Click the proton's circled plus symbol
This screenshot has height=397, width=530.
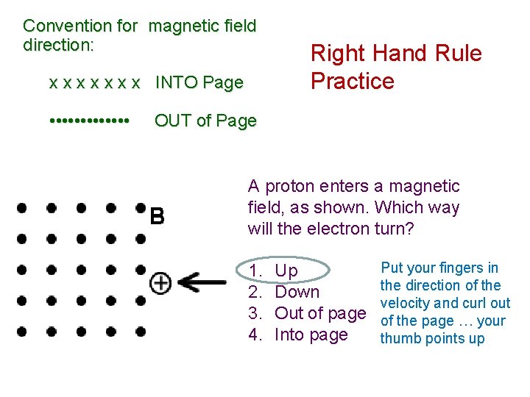(160, 282)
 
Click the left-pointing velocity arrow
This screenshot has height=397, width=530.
(202, 282)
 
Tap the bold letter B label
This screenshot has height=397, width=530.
(157, 217)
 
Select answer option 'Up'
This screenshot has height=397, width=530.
(286, 271)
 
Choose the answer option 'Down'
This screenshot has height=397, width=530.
(297, 292)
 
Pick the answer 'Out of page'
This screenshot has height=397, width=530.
(319, 313)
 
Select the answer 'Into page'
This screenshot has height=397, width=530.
(311, 335)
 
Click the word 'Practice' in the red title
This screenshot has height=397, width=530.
(353, 81)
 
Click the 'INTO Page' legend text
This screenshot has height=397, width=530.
(199, 82)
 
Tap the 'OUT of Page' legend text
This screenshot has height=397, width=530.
(205, 121)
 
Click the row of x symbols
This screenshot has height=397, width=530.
(94, 83)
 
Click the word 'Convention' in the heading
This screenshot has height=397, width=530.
(69, 26)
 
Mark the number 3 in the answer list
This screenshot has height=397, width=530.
(253, 313)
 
